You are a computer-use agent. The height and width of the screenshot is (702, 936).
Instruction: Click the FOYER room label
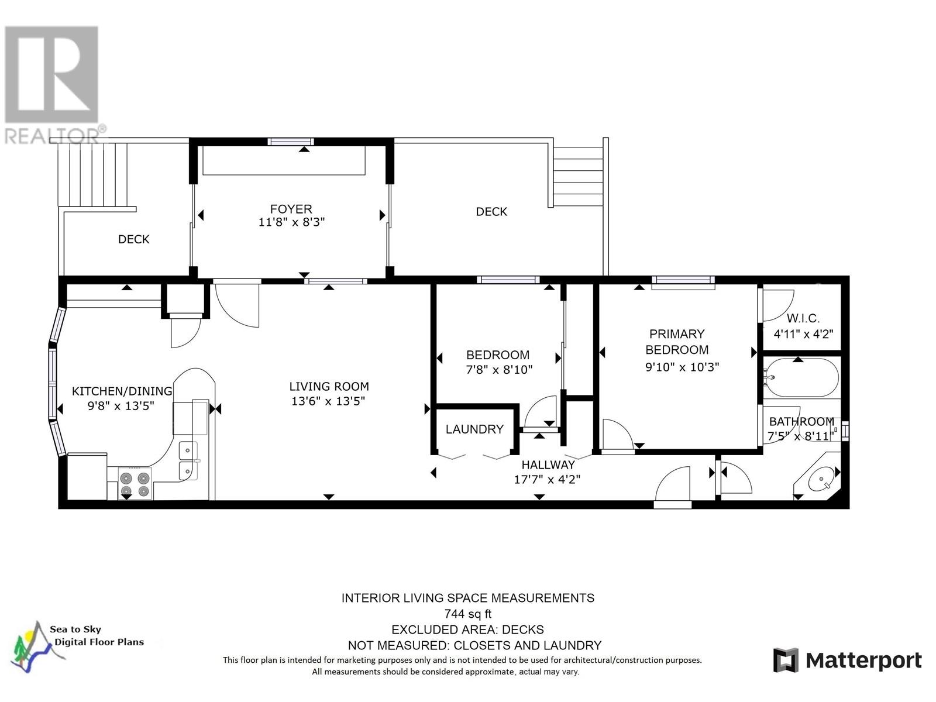point(291,209)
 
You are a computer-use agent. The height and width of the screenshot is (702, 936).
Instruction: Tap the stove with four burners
point(135,483)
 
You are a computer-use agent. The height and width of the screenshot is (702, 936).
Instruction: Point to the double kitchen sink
point(188,460)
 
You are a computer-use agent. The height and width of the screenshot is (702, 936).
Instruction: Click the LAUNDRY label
point(474,429)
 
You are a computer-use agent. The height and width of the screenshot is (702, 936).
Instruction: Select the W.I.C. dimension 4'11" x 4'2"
point(803,334)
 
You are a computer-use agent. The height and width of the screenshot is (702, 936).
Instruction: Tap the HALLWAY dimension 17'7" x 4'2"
point(547,480)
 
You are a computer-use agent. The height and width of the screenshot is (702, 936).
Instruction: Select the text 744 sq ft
point(467,614)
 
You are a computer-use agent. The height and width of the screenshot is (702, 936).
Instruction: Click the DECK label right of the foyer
point(491,212)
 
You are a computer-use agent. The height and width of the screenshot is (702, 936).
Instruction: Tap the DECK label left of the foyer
point(133,239)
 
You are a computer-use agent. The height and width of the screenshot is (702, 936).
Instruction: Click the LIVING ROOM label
point(329,386)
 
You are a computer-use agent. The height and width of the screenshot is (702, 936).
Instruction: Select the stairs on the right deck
point(578,175)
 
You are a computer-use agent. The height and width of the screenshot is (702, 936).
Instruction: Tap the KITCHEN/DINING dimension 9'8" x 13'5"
point(121,406)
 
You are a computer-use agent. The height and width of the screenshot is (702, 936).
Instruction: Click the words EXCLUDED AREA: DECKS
point(467,630)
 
